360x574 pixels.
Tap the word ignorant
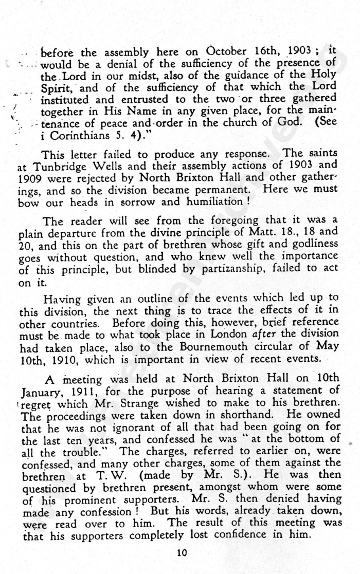pos(119,428)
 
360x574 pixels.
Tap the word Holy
pos(323,76)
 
